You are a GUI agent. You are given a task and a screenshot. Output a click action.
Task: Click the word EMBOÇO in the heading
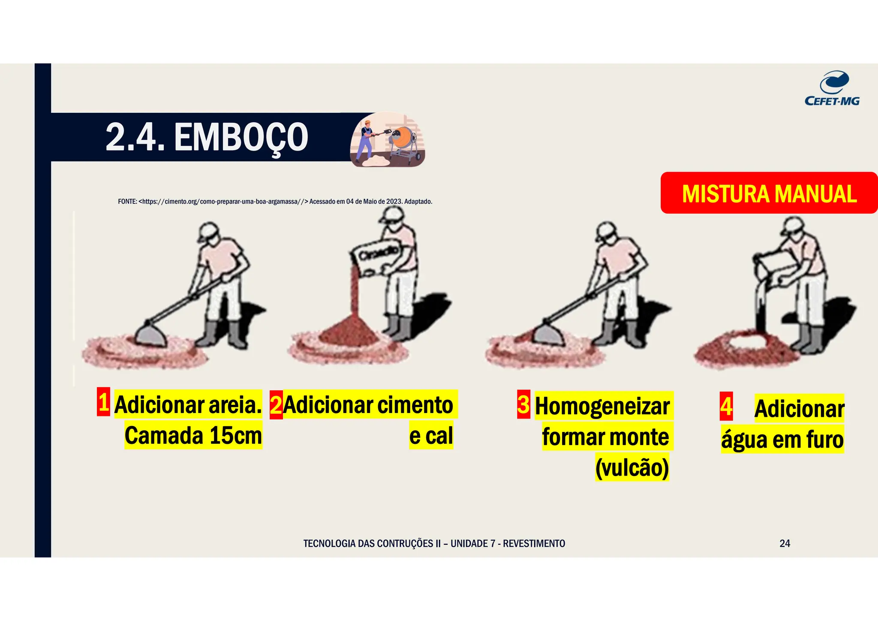[241, 137]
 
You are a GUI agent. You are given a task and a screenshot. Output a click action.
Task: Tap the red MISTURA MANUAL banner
[769, 193]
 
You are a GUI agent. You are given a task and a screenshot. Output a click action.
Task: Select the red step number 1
[103, 402]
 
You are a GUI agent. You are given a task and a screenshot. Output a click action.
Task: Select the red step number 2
[276, 405]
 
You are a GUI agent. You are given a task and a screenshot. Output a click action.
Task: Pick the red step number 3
[523, 404]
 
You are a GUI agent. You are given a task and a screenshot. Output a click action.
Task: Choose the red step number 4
[726, 406]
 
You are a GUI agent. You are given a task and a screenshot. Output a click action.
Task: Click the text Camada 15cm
[193, 435]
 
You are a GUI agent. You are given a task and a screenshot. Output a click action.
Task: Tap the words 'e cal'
[431, 436]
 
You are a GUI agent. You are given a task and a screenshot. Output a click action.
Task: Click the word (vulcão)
[632, 467]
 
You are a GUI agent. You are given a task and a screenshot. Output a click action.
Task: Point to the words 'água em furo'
[782, 440]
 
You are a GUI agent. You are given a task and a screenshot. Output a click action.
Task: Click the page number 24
[785, 543]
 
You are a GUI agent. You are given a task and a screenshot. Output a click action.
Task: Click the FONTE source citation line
[275, 202]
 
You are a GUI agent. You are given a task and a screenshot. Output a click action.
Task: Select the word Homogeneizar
[602, 406]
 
